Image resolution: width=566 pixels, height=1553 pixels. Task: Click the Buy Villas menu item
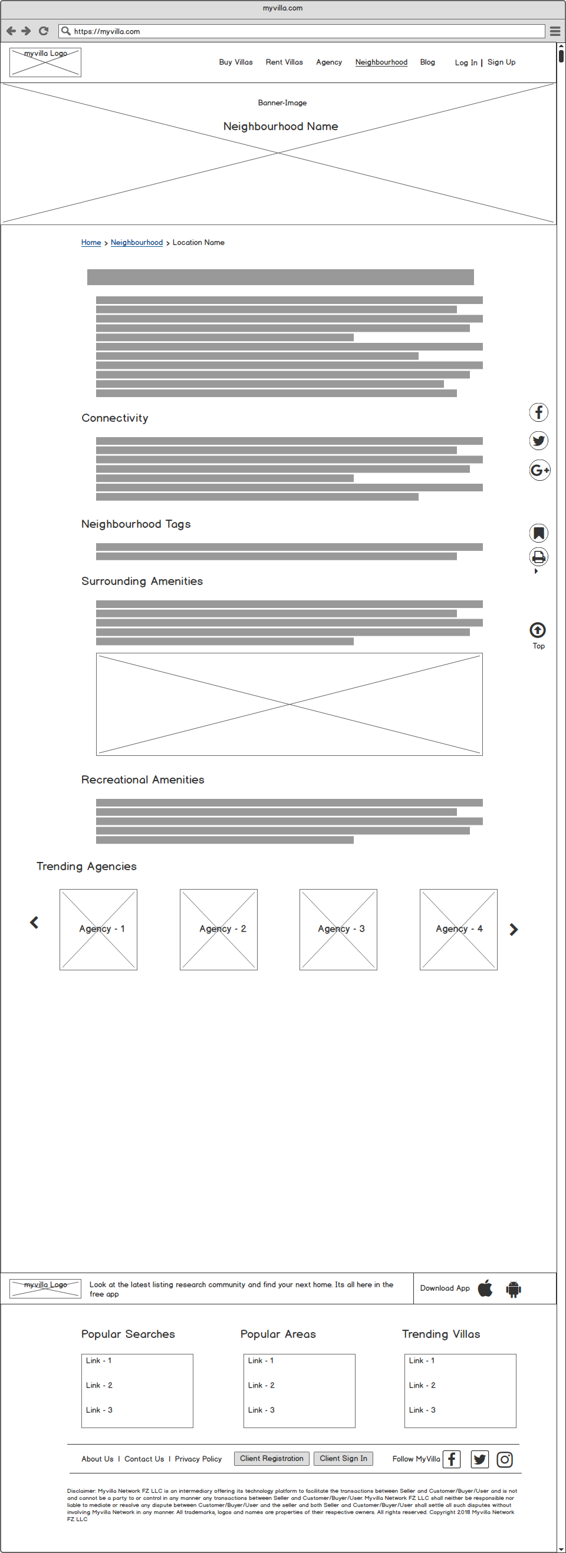(x=235, y=62)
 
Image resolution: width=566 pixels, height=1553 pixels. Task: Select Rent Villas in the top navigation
(x=284, y=62)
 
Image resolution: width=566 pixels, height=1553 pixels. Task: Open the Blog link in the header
(x=427, y=62)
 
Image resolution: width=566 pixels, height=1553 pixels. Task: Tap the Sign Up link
(x=501, y=62)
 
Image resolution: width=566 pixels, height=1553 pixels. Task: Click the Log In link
(x=465, y=62)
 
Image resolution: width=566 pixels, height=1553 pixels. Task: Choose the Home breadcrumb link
(x=91, y=242)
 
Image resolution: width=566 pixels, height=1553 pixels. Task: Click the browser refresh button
(x=44, y=31)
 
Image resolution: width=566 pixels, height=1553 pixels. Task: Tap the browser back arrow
(x=11, y=31)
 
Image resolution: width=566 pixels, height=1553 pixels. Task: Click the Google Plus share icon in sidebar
(x=539, y=470)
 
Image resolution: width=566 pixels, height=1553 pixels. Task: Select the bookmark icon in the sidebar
(x=538, y=533)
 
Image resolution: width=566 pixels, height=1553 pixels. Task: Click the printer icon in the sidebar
(x=538, y=557)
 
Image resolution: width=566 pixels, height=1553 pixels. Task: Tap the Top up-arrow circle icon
(x=538, y=630)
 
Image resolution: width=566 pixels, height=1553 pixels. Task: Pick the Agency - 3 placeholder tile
(x=338, y=929)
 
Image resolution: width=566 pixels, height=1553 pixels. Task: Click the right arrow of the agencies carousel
(x=514, y=930)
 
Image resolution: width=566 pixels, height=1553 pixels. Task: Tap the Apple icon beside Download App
(x=485, y=1288)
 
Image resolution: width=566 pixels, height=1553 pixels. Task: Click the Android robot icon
(x=514, y=1289)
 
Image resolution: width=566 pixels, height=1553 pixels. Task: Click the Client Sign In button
(x=343, y=1458)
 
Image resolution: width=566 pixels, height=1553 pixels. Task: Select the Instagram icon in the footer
(x=505, y=1459)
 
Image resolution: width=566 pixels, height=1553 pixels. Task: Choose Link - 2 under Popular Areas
(x=261, y=1385)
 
